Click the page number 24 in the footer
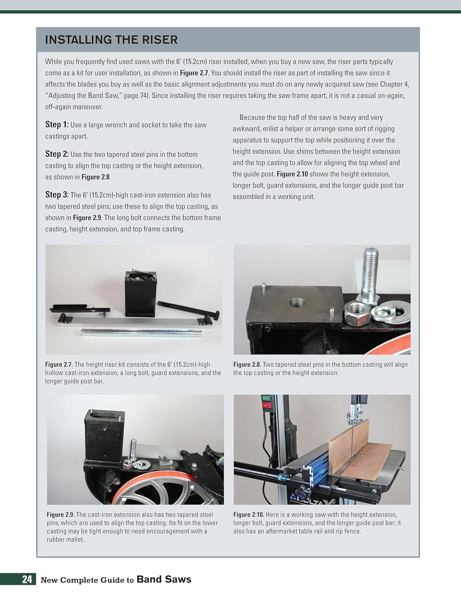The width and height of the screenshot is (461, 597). coord(27,579)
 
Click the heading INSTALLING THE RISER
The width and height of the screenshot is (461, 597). coord(111,40)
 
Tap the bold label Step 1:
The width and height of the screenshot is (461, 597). coord(56,125)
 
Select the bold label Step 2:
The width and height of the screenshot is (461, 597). coord(56,154)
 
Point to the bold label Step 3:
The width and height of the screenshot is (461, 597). coord(56,195)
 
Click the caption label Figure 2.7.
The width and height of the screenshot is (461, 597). coord(58,365)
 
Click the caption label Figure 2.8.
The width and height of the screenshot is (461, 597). coord(247,365)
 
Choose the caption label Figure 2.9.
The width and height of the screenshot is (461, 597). coord(60,515)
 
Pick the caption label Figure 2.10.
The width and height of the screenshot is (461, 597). coord(249,515)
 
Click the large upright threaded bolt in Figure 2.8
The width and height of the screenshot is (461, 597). coord(369,275)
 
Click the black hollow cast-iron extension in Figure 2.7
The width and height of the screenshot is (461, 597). coord(140,295)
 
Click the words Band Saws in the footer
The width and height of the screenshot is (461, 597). coord(164,579)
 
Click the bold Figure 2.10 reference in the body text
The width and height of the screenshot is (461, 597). coord(292,174)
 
